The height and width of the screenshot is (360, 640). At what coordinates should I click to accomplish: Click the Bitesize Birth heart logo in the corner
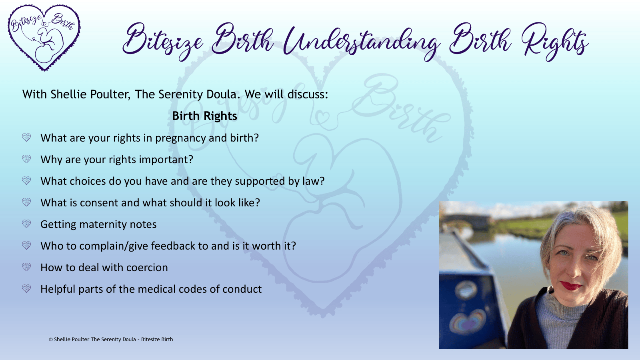click(x=44, y=38)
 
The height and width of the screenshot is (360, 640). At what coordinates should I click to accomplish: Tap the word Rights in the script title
click(x=555, y=42)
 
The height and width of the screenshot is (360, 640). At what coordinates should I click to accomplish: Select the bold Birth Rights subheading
click(x=204, y=116)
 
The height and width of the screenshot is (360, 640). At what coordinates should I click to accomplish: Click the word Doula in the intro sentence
click(x=223, y=94)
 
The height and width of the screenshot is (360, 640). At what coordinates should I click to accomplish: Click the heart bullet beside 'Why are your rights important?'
click(x=26, y=159)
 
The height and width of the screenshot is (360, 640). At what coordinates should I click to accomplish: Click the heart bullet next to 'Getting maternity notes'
click(x=26, y=224)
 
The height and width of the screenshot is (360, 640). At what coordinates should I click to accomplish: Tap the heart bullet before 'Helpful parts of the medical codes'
click(x=26, y=289)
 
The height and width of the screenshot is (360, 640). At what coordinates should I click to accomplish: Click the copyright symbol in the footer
click(x=51, y=340)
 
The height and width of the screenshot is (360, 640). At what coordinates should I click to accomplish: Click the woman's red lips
click(x=570, y=286)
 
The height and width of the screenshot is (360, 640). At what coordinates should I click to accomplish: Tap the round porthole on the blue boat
click(x=466, y=290)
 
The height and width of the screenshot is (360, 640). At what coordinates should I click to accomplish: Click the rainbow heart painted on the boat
click(x=468, y=323)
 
